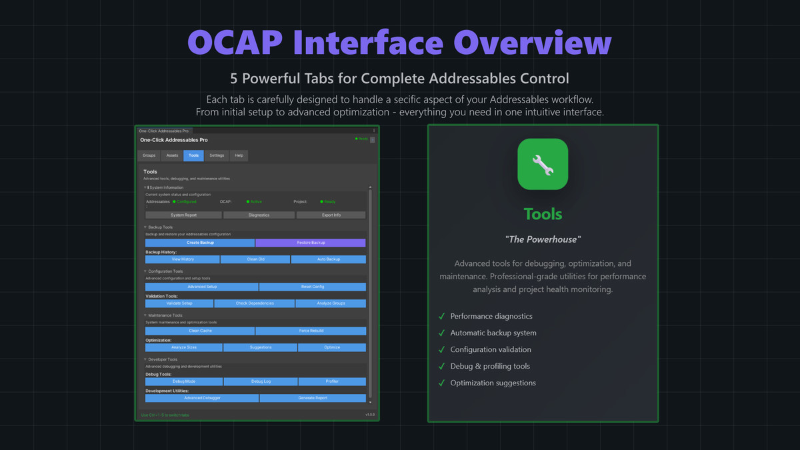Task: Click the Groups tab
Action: [149, 155]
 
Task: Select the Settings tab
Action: [217, 155]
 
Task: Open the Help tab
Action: [239, 155]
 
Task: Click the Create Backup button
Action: [200, 243]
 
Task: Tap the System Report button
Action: [183, 215]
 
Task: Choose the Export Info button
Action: [331, 215]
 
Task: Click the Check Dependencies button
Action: [255, 303]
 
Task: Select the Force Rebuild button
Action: [311, 331]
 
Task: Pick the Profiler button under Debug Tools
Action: [332, 381]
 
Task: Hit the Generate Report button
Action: [313, 398]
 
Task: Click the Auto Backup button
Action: [328, 259]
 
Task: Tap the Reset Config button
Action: [313, 287]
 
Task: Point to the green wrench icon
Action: [543, 164]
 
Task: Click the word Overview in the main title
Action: [533, 44]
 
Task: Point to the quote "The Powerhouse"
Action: [543, 239]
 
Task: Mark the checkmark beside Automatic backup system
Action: [441, 333]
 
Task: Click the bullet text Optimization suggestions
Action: [493, 383]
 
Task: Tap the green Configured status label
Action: [187, 201]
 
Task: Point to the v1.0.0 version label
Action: [370, 415]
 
